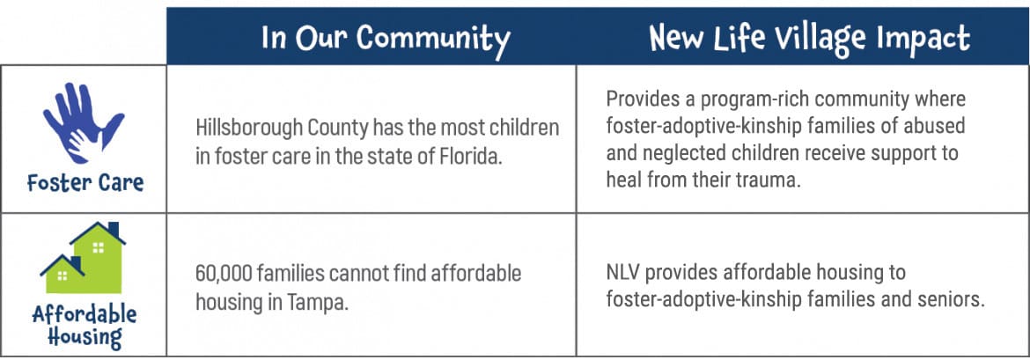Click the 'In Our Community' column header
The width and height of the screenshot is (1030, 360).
point(386,40)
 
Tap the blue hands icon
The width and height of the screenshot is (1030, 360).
point(83,123)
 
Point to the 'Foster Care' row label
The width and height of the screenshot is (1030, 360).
point(85,182)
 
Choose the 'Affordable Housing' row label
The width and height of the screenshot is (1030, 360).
point(85,327)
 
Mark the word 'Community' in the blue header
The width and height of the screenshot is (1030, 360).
point(433,40)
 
